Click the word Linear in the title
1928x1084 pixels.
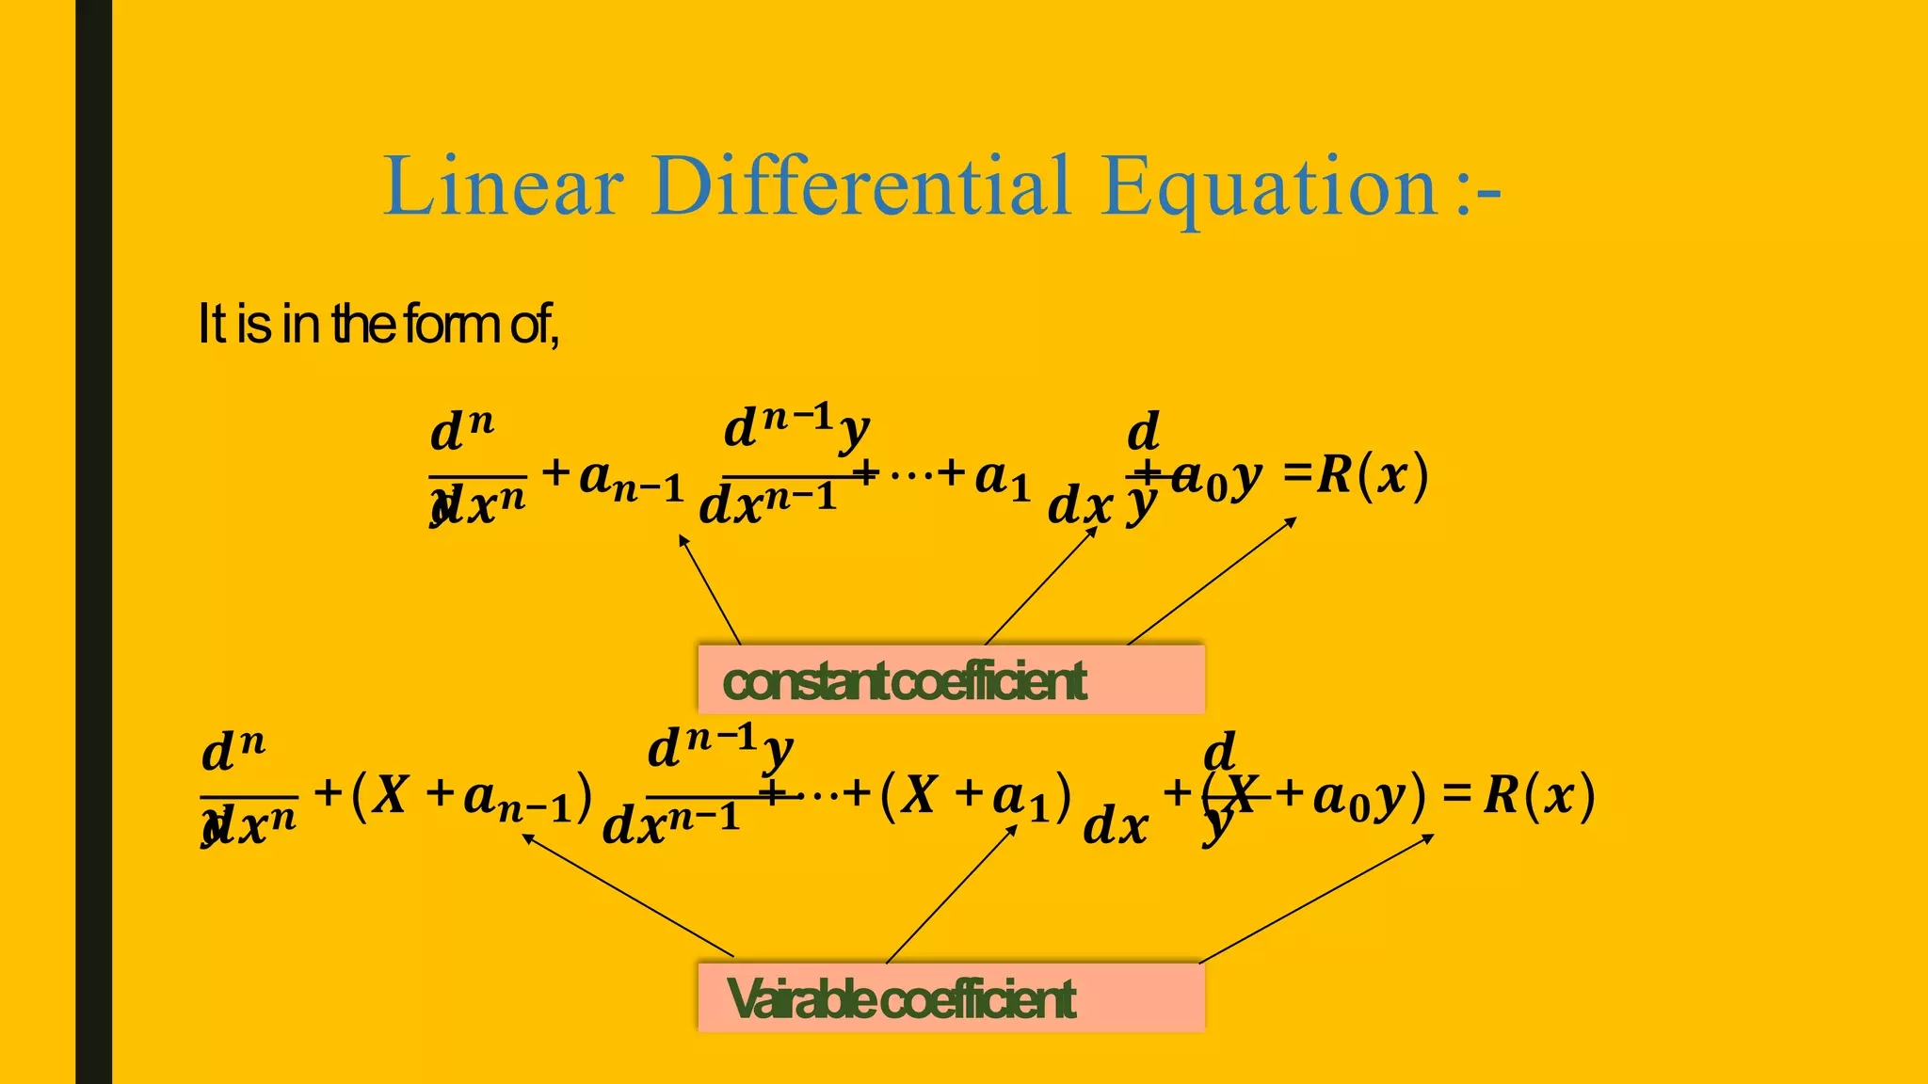coord(503,186)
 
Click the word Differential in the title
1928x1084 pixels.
coord(860,186)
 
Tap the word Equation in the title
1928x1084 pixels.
coord(1268,188)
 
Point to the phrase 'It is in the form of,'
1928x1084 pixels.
coord(378,325)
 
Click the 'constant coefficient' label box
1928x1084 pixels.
coord(951,680)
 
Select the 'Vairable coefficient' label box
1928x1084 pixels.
coord(951,997)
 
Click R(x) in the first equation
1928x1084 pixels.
coord(1373,474)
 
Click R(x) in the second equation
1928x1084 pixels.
coord(1540,795)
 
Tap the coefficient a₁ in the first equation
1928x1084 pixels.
coord(1003,478)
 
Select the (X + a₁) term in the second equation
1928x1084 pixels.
coord(976,795)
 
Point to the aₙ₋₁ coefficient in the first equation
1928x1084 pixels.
coord(630,480)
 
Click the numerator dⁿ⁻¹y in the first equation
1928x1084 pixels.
coord(796,428)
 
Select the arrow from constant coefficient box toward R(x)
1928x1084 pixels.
coord(1212,581)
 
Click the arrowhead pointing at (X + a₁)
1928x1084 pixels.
coord(1013,829)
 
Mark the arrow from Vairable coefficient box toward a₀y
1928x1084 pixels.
coord(1316,899)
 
